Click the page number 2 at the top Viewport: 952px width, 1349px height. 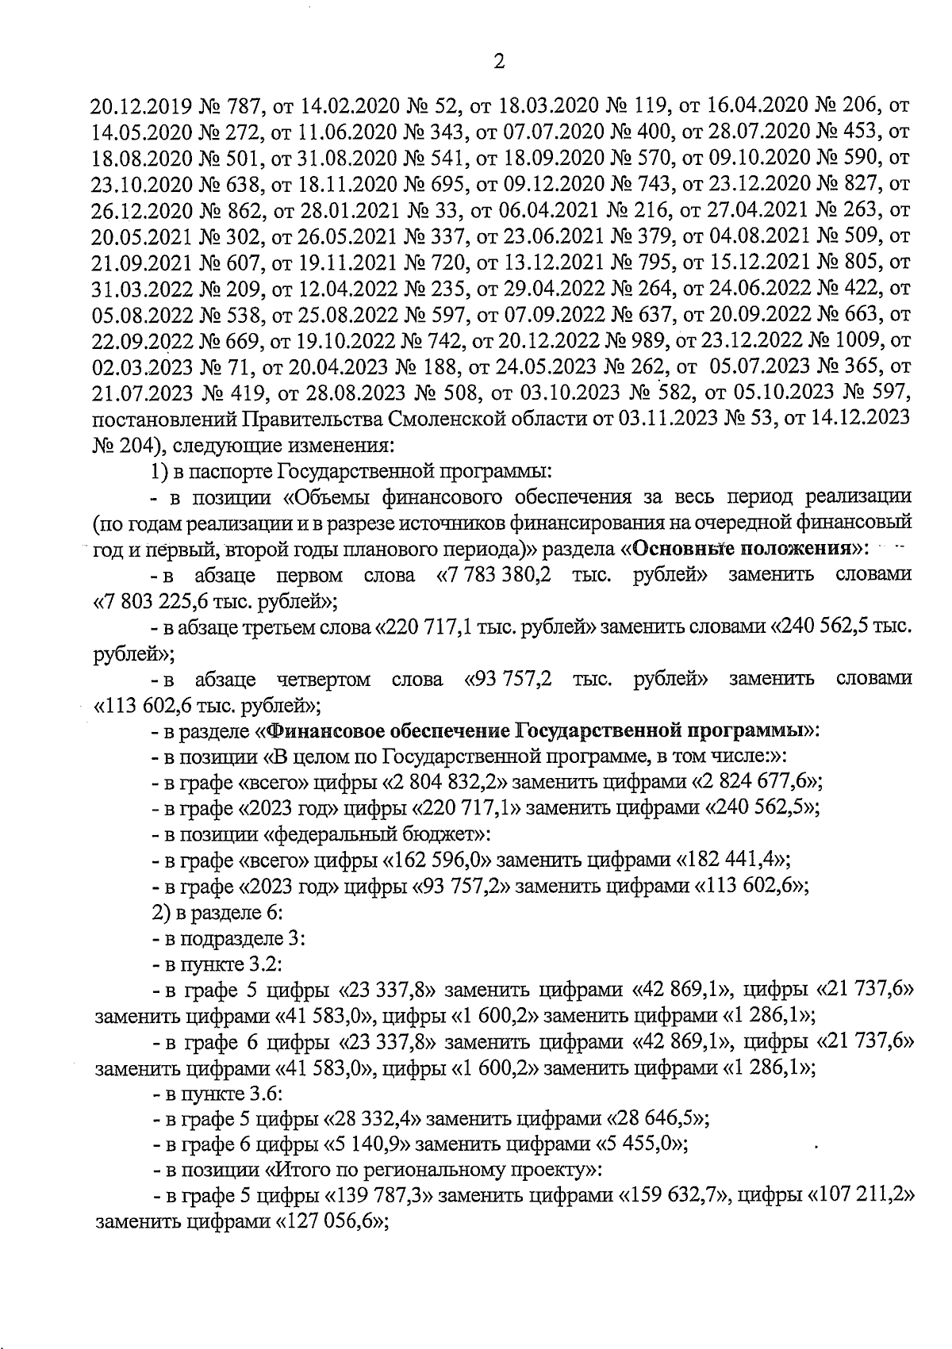click(x=499, y=62)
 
